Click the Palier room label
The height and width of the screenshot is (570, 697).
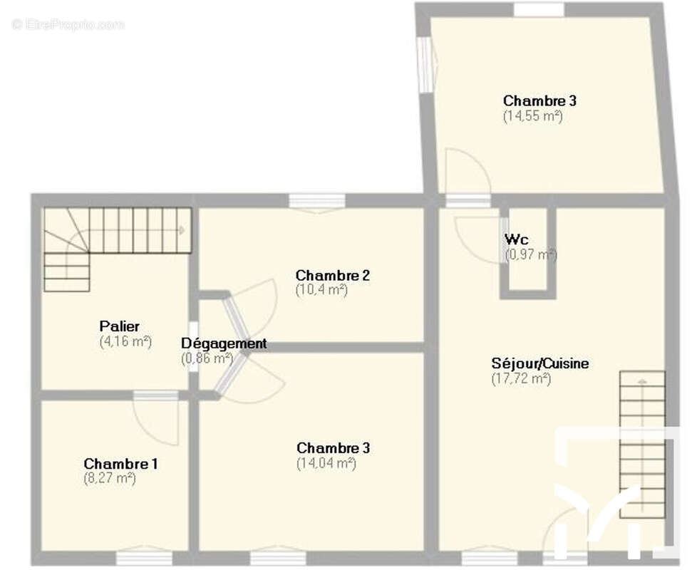(119, 326)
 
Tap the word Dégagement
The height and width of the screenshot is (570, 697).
(224, 343)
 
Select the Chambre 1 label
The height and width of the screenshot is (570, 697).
(120, 464)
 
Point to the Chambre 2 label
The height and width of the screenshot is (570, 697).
(333, 276)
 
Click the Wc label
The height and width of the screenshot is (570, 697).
(517, 239)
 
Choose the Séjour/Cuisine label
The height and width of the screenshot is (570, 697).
(540, 363)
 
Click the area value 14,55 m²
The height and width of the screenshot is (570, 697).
(533, 116)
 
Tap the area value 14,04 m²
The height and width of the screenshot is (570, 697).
(326, 463)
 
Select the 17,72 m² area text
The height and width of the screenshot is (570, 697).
(521, 378)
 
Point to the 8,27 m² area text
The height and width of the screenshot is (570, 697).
(109, 479)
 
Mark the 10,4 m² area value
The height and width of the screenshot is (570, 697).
(321, 290)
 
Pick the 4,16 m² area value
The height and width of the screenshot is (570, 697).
(126, 342)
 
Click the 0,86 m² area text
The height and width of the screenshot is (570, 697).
(207, 358)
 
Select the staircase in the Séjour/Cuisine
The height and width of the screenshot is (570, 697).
(642, 445)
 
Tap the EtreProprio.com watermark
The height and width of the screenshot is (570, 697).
(68, 24)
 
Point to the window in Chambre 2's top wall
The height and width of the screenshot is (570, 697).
(317, 202)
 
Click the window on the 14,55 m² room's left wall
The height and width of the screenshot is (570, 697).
(425, 64)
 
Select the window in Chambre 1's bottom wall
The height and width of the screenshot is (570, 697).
(144, 558)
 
